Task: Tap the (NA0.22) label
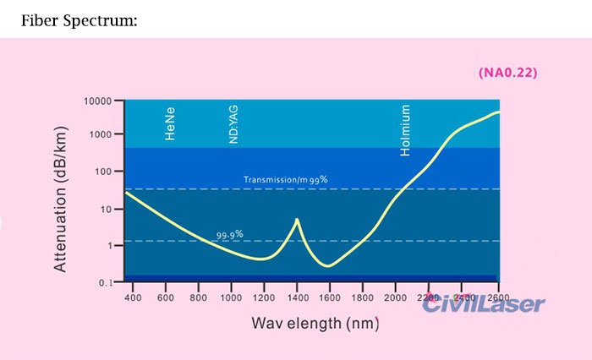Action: tap(507, 73)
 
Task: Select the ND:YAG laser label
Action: tap(234, 124)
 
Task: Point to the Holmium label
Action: tap(405, 131)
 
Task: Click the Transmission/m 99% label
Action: tap(285, 180)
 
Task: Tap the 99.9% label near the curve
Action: tap(230, 234)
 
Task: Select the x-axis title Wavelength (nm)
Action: tap(314, 323)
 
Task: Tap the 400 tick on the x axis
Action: tap(133, 297)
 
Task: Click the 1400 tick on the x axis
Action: tap(297, 297)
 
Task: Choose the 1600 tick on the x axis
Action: tap(330, 297)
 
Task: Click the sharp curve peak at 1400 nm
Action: tap(297, 220)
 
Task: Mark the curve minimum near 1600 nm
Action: tap(328, 265)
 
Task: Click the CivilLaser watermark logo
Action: tap(484, 305)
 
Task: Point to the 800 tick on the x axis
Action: tap(198, 297)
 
